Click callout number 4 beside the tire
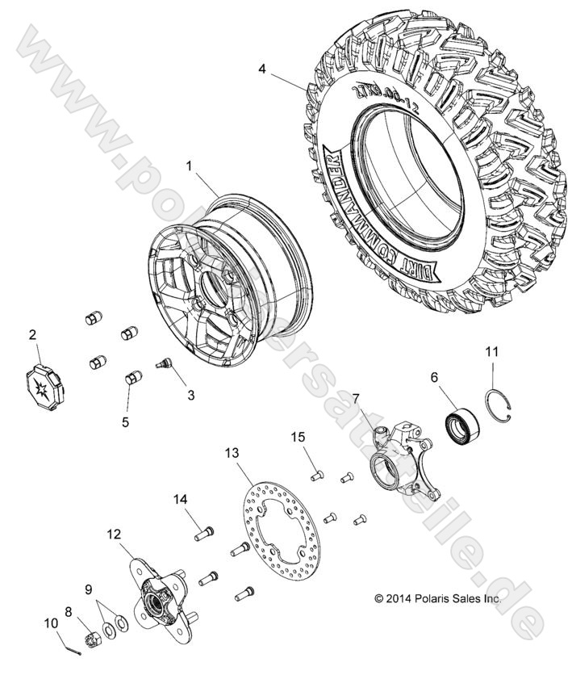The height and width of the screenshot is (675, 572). click(x=262, y=69)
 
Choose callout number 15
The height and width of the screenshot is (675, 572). click(x=299, y=437)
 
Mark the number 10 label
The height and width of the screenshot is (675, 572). click(x=51, y=622)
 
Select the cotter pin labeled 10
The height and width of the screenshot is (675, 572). click(x=73, y=643)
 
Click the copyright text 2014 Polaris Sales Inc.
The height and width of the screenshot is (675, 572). click(x=460, y=599)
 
